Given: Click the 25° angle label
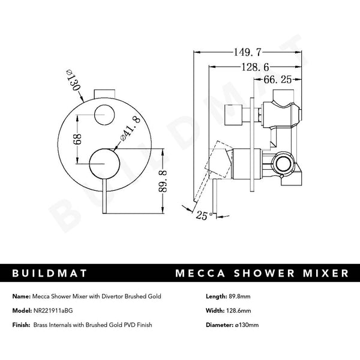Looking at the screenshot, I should click(201, 215).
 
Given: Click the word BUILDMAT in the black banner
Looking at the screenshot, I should click(50, 273).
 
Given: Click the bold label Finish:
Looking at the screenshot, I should click(22, 325).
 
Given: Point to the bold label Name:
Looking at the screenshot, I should click(21, 296).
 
